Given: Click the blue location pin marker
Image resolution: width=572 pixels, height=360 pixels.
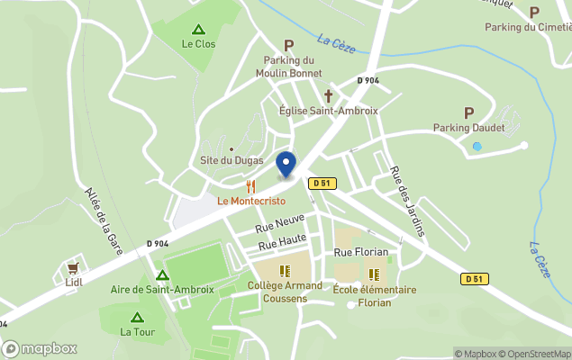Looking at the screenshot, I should coord(286,165).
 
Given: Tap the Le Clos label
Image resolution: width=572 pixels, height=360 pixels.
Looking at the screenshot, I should coord(198,43).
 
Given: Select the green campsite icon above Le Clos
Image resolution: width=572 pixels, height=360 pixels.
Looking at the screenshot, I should coord(198,29).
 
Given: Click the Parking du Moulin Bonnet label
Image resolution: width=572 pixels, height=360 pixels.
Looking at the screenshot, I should coord(289,66).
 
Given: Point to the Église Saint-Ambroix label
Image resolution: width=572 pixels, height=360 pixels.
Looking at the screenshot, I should coord(329,110).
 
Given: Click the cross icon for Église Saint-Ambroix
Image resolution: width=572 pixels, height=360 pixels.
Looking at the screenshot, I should coord(329,95).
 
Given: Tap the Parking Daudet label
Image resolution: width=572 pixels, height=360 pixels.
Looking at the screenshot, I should coord(468,127).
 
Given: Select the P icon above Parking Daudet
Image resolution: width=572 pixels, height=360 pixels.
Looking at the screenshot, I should coord(468,112).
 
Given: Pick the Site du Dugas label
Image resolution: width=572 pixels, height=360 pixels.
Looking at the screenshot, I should coord(232,160).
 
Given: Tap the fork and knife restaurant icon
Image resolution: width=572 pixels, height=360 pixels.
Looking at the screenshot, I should coord(251,186).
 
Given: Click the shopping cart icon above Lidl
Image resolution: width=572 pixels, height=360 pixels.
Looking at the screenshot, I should coord(73,268).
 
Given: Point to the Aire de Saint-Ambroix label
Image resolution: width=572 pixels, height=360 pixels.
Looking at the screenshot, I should coord(162,290).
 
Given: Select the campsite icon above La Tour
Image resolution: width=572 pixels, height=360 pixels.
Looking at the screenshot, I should coord(137,318).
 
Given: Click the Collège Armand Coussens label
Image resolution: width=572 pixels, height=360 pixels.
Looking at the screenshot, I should coord(284,292).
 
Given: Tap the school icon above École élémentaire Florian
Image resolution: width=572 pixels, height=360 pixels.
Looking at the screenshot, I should coord(374,274).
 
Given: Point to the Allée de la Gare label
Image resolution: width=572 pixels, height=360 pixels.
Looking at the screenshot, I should coord(103,218).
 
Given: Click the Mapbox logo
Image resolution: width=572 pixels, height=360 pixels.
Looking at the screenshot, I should coord(41,348).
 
